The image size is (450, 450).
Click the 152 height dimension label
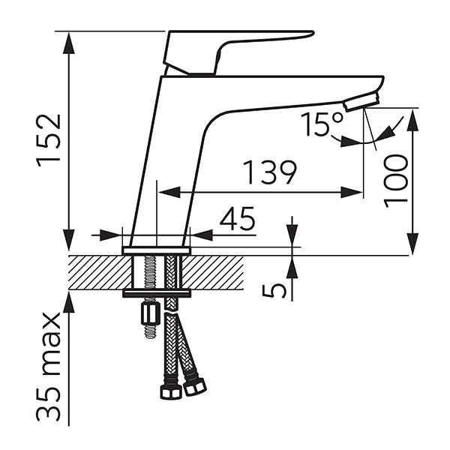tap(49, 140)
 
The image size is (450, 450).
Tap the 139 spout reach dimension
tap(269, 172)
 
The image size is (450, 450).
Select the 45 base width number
tap(237, 219)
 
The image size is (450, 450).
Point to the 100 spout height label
tap(395, 181)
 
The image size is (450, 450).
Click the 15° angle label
tap(322, 124)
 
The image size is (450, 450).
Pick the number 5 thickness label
tap(274, 289)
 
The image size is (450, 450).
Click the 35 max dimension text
tap(49, 367)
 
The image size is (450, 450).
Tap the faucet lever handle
tap(238, 53)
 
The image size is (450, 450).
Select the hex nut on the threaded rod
tap(151, 313)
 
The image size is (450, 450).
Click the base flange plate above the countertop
tap(157, 250)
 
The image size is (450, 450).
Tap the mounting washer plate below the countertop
tap(157, 293)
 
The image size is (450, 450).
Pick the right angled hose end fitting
tap(194, 387)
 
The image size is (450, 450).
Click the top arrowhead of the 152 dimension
tap(69, 43)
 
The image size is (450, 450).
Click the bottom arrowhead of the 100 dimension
tap(412, 243)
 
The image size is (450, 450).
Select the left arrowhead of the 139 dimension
tap(169, 192)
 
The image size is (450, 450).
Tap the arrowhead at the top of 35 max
tap(69, 302)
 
